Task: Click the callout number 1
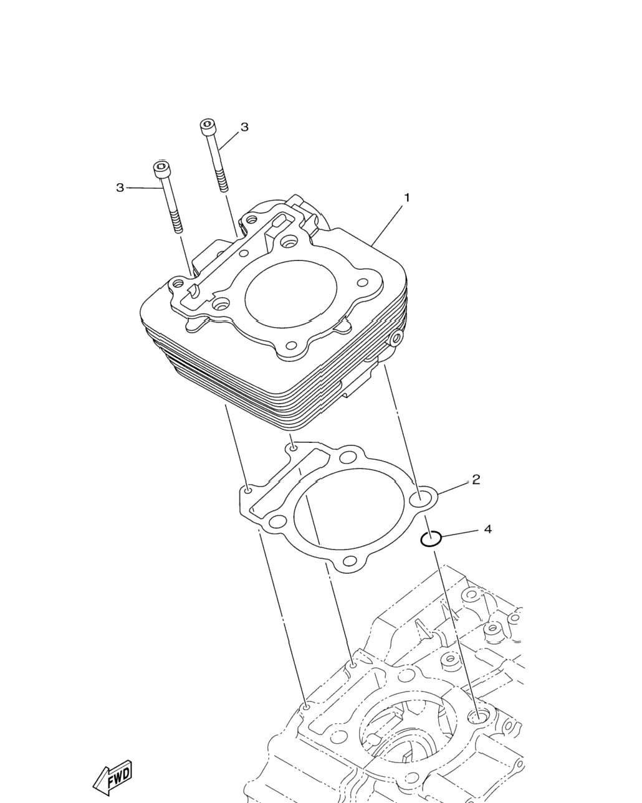click(407, 197)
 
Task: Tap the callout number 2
click(476, 480)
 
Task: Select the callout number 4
click(488, 529)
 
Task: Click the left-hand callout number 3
click(120, 188)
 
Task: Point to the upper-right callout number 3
click(244, 127)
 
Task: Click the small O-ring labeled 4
click(431, 538)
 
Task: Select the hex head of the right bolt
click(209, 127)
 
